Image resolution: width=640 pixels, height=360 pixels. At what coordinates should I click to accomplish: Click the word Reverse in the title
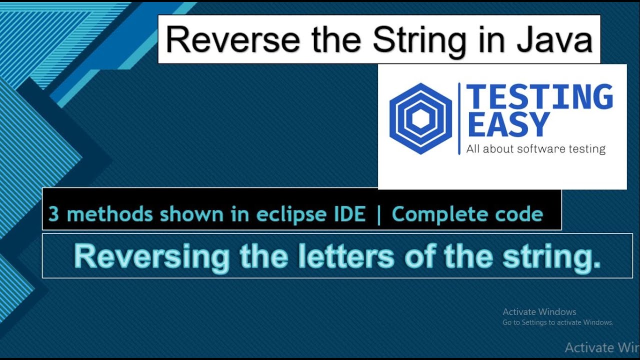pos(233,40)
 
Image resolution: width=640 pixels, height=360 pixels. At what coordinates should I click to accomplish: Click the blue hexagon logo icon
pos(420,118)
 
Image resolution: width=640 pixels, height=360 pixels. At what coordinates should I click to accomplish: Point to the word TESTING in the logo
pos(539,97)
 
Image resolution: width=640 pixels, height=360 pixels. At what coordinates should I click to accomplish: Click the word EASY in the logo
pos(508,125)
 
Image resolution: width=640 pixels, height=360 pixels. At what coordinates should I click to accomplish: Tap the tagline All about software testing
pos(535,149)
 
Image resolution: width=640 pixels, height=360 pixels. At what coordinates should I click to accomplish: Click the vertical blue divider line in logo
pos(459,119)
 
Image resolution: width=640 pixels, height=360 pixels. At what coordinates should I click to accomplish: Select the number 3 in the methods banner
pos(53,214)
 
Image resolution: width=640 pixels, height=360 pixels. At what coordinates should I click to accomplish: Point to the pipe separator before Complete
pos(378,214)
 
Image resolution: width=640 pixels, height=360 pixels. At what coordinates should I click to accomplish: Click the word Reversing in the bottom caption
pos(151,257)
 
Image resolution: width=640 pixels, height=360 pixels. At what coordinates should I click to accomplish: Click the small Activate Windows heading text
pos(539,312)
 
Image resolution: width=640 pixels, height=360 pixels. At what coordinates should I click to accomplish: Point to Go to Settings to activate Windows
pos(557,322)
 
